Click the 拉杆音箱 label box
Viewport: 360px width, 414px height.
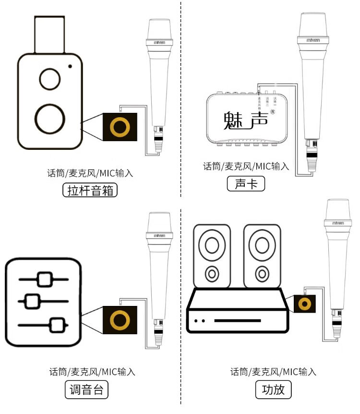coord(90,191)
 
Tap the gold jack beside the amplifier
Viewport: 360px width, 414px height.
coord(303,304)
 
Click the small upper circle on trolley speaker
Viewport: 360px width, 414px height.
coord(50,79)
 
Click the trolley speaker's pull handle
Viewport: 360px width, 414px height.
coord(49,35)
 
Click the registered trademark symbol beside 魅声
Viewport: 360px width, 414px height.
coord(273,112)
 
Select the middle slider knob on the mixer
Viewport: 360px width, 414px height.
coord(32,301)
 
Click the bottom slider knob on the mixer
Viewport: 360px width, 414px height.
coord(57,325)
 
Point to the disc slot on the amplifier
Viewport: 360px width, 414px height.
coord(237,320)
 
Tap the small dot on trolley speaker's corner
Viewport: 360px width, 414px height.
coord(71,66)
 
